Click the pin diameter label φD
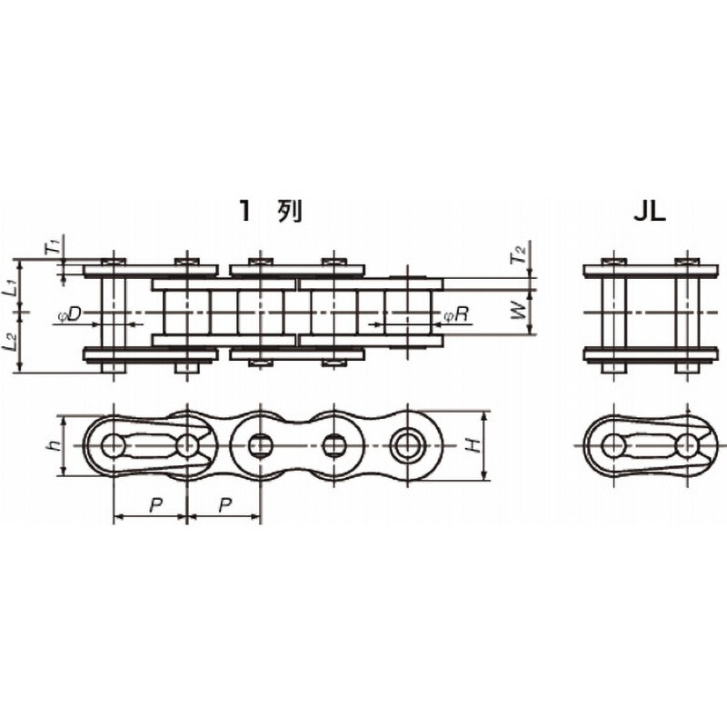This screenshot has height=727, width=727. click(70, 314)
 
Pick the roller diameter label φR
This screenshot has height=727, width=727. click(457, 315)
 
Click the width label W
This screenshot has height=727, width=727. click(519, 310)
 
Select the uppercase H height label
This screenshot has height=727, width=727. click(472, 446)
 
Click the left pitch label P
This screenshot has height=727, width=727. click(155, 505)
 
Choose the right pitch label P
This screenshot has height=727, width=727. click(225, 505)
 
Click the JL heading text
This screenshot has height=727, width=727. click(650, 212)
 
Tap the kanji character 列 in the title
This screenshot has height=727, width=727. click(289, 212)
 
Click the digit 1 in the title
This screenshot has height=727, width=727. click(245, 212)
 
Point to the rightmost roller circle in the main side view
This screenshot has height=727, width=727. click(406, 446)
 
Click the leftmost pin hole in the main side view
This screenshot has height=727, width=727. click(114, 446)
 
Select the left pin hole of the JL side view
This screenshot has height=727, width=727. click(614, 446)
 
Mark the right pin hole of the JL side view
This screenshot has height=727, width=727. click(688, 446)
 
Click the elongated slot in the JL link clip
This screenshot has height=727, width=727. click(651, 446)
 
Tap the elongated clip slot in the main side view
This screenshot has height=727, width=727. click(151, 446)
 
